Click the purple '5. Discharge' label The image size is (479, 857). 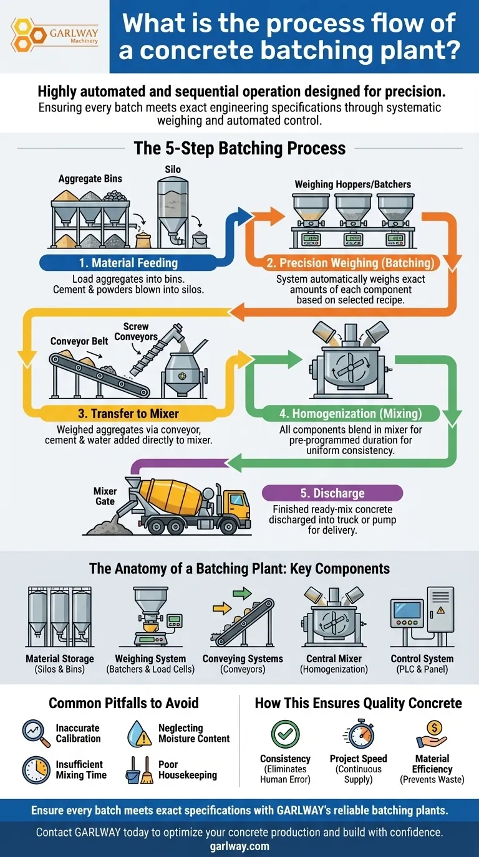click(332, 493)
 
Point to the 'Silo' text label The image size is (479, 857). click(173, 169)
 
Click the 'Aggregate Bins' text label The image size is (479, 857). click(90, 179)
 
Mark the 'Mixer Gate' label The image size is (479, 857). click(105, 496)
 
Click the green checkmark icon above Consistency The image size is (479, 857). click(285, 734)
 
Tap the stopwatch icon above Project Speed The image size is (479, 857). click(358, 734)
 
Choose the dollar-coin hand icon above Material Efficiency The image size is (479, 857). click(432, 734)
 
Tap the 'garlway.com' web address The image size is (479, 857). click(239, 846)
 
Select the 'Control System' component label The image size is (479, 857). click(422, 658)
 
